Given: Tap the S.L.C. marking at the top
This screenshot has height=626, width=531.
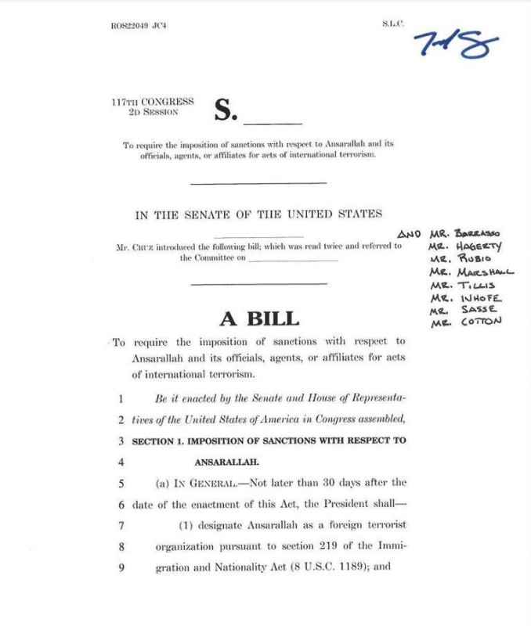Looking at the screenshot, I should (393, 24).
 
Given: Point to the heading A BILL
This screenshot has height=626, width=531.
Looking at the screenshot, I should (258, 318).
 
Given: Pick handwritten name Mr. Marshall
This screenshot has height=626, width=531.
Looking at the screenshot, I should (471, 272).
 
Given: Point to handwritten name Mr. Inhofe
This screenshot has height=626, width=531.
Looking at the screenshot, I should (466, 297).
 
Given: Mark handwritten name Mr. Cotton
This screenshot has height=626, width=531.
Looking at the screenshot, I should (466, 322).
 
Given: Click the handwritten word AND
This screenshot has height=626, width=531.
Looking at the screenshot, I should (409, 234).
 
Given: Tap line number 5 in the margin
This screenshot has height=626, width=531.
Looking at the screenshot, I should (121, 483).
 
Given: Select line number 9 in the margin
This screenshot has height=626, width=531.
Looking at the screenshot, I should (121, 567).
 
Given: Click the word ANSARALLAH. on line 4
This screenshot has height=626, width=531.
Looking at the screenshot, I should (226, 462).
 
